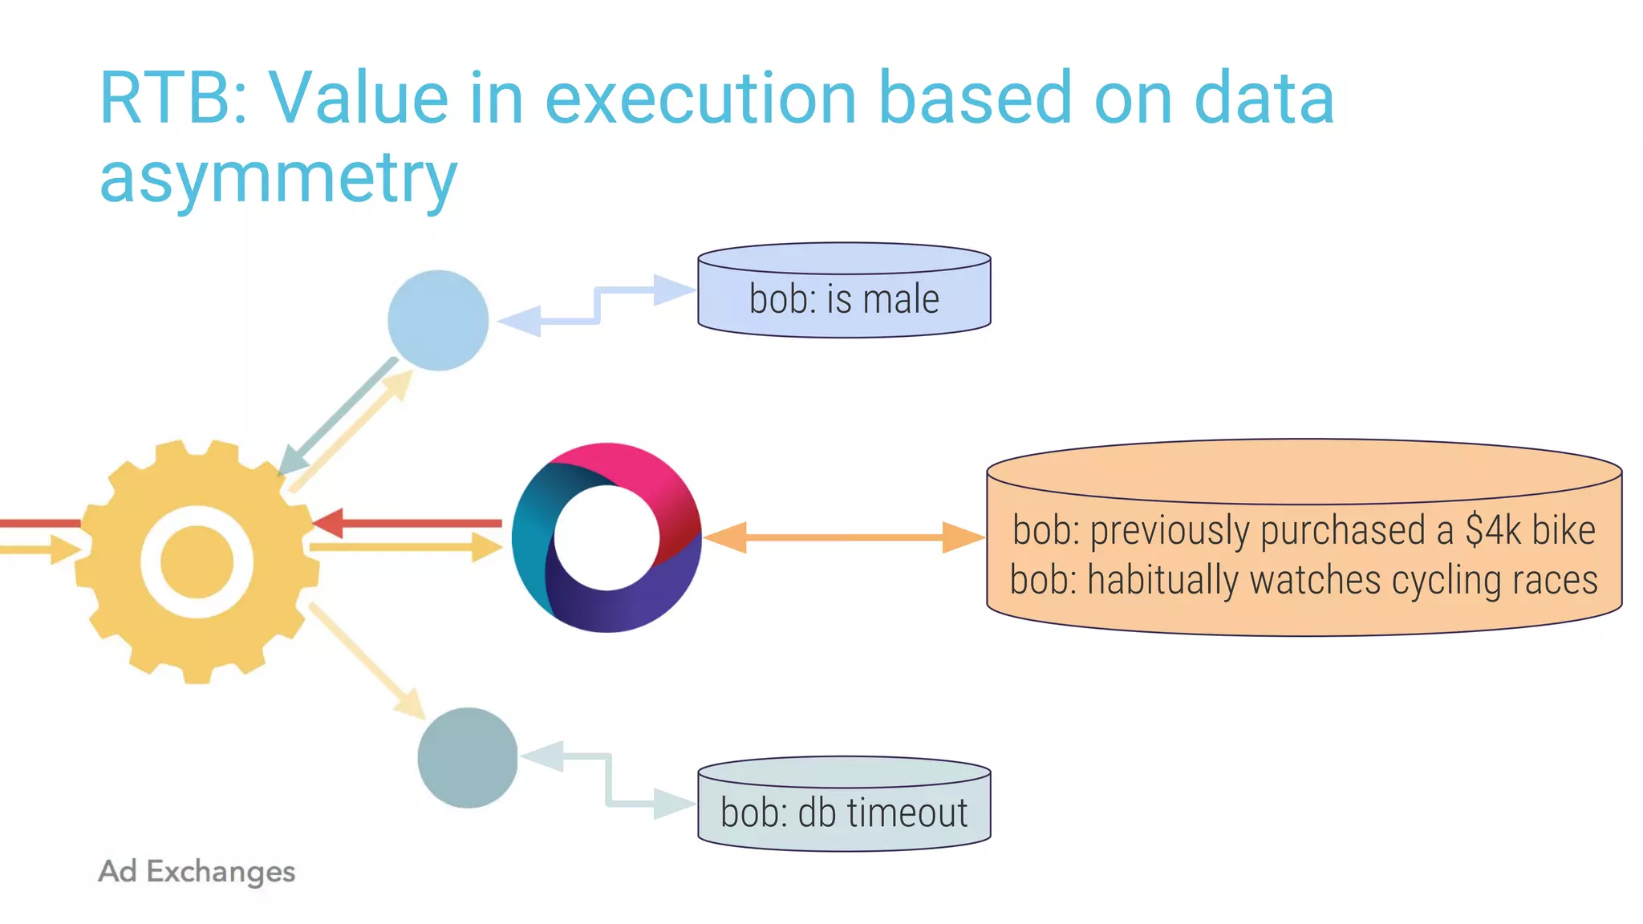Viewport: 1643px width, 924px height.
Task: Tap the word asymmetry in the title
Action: click(x=278, y=178)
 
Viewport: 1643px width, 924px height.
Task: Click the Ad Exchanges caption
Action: click(x=197, y=871)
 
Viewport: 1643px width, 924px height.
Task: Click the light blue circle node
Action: click(x=438, y=320)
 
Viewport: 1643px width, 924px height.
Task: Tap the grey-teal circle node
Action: click(x=468, y=757)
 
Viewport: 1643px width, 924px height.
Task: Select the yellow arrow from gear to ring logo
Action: click(x=401, y=547)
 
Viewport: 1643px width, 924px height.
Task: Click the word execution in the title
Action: click(x=700, y=99)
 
